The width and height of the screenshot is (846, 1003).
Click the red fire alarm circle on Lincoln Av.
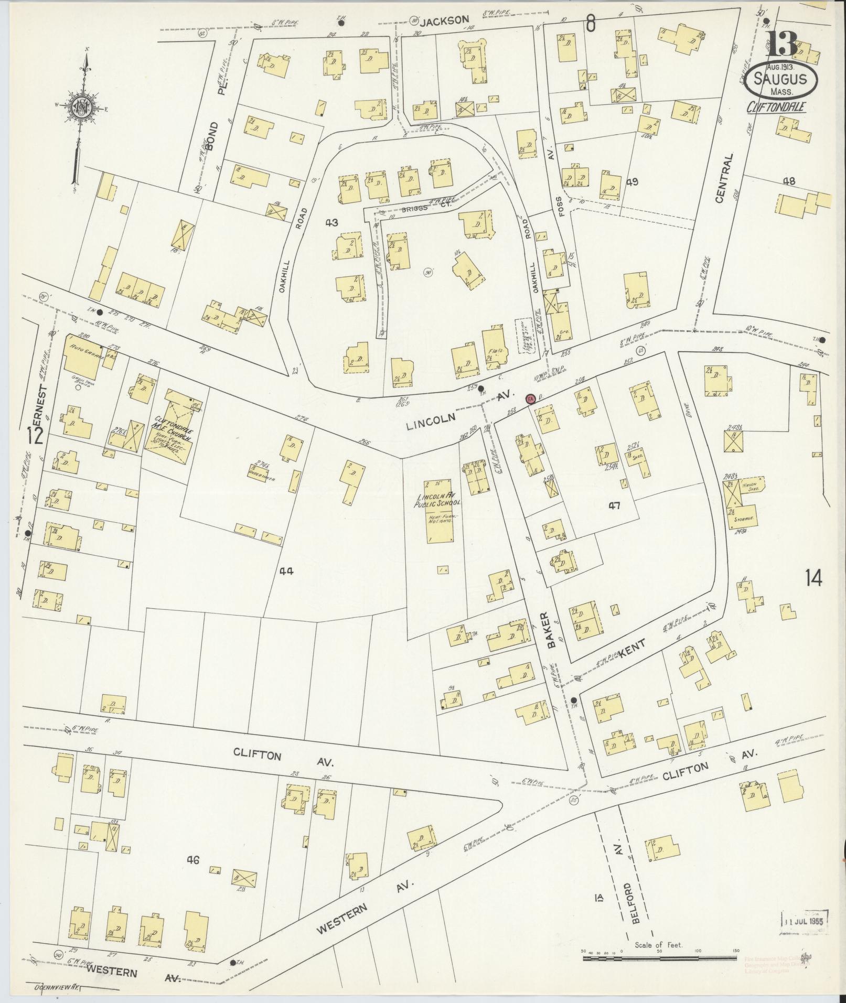tap(530, 399)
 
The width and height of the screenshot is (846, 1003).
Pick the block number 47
tap(614, 505)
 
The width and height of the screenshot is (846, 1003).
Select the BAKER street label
tap(551, 631)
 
